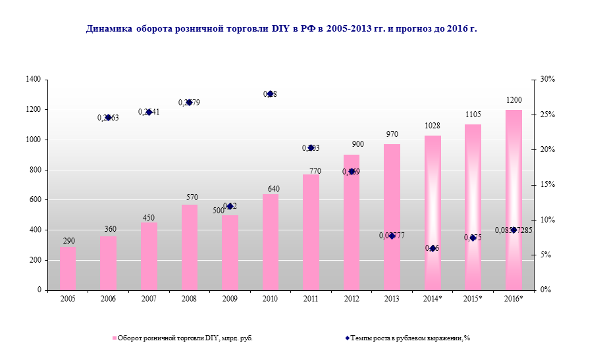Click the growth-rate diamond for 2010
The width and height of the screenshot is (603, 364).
(x=270, y=94)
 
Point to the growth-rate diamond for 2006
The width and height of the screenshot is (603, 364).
(x=108, y=117)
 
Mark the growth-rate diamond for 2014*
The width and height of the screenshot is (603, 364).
(x=433, y=248)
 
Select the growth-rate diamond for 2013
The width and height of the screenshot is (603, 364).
(x=392, y=236)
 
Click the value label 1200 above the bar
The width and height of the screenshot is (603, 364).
(x=513, y=100)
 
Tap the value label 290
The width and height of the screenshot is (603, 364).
(x=68, y=242)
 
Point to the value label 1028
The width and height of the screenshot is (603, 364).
(x=433, y=126)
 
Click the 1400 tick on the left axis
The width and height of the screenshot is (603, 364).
(x=33, y=80)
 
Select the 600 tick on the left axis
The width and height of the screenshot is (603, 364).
(x=35, y=200)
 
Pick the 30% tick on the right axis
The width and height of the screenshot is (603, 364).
(x=547, y=80)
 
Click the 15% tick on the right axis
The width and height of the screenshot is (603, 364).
(x=547, y=185)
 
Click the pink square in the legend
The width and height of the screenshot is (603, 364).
(x=114, y=338)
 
